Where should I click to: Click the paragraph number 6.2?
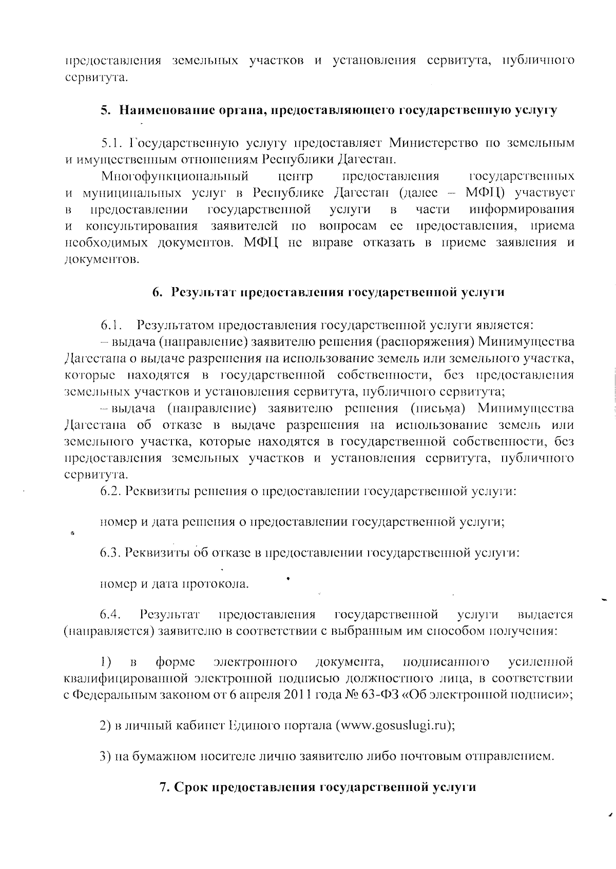tap(110, 491)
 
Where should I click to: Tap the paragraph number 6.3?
tap(110, 553)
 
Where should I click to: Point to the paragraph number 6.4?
tap(110, 614)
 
